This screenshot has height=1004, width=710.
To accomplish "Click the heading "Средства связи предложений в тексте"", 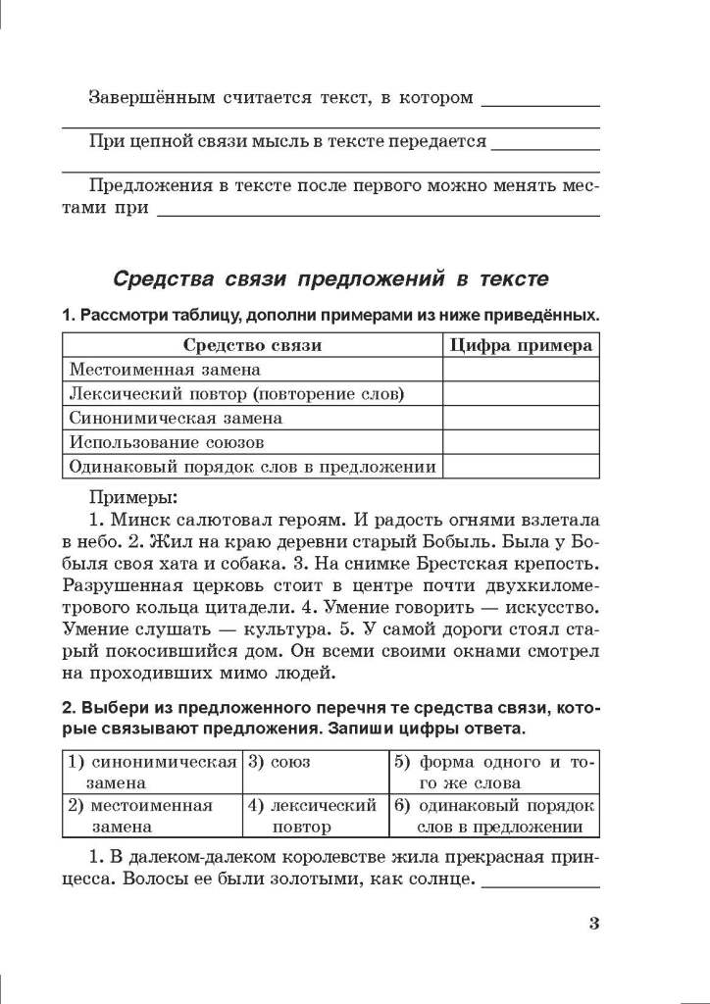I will (330, 278).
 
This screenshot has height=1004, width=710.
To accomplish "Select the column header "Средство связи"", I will (252, 345).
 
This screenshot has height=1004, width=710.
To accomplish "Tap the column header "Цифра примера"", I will (521, 345).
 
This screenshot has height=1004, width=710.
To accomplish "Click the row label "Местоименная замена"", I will (165, 370).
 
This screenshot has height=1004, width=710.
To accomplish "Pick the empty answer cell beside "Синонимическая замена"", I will (521, 418).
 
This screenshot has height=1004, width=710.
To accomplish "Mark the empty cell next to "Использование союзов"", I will (521, 442).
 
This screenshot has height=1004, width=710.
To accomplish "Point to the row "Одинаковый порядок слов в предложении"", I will (252, 467).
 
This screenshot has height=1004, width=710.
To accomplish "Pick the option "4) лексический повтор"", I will (314, 816).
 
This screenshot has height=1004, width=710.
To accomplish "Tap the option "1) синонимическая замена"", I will (152, 772).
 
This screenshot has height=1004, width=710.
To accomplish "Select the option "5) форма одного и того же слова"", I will (494, 772).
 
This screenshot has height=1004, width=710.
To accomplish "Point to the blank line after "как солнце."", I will (541, 884).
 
